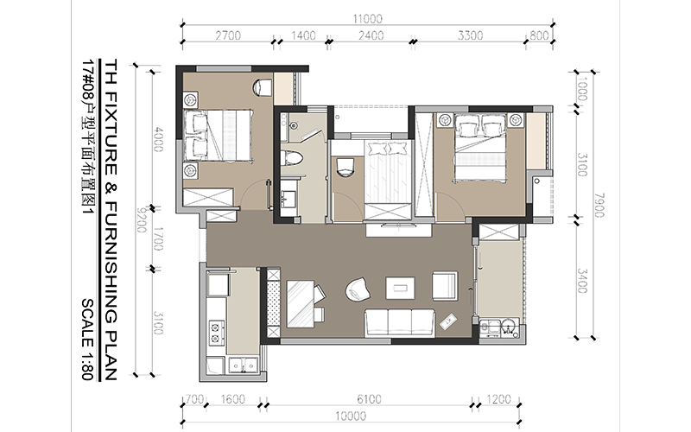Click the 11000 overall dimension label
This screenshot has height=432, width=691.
click(368, 19)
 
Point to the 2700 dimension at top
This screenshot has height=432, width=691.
click(228, 35)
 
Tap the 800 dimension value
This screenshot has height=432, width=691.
click(539, 35)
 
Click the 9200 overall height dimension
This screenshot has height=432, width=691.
click(141, 220)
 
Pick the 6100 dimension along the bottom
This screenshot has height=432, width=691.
click(369, 399)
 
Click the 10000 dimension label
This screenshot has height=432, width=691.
click(351, 416)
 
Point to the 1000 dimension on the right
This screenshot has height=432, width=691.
click(582, 89)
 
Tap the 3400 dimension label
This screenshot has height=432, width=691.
click(582, 281)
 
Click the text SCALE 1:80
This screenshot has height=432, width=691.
click(87, 340)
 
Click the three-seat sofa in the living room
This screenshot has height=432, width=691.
click(399, 322)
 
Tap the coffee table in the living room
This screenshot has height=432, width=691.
click(400, 288)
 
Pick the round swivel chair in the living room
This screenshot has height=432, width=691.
click(358, 290)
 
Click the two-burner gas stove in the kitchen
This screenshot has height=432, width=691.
click(216, 333)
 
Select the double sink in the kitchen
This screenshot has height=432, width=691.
click(244, 365)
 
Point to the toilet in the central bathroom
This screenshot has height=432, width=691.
click(292, 158)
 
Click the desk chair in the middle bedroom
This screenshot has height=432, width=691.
click(345, 167)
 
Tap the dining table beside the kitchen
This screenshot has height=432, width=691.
click(300, 303)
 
